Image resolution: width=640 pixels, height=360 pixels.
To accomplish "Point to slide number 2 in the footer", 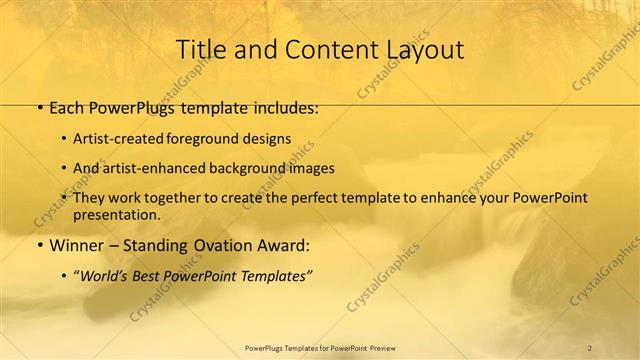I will pos(589,347).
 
